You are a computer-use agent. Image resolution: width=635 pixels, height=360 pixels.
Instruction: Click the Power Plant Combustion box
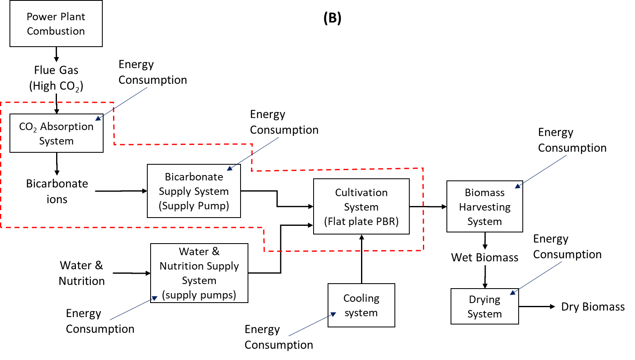pos(56,24)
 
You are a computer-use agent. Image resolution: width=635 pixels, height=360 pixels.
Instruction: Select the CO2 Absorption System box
pos(56,133)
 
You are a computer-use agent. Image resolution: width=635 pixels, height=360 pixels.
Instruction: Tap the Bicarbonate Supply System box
pos(194,191)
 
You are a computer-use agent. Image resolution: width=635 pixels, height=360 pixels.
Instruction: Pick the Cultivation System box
pos(361,206)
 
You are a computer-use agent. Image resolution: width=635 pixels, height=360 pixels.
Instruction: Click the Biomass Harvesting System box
pos(484,206)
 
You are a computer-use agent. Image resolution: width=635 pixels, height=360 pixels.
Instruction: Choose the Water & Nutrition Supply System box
pos(199,273)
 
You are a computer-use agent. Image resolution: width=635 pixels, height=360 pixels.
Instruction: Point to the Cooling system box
pos(361,305)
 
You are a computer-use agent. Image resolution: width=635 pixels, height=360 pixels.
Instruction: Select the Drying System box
pos(484,306)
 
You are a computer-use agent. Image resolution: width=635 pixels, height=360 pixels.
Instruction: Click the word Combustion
pos(56,31)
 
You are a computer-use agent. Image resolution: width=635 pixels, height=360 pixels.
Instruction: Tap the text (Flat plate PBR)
pos(361,221)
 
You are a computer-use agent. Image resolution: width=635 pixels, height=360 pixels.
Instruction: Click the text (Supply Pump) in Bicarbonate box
pos(194,206)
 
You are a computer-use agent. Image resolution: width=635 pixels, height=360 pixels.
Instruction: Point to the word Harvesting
pos(484,207)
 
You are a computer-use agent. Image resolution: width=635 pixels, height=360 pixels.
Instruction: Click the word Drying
pos(484,299)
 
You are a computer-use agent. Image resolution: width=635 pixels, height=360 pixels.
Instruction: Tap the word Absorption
pos(67,126)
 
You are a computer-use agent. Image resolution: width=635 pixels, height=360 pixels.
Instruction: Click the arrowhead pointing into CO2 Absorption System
pos(98,118)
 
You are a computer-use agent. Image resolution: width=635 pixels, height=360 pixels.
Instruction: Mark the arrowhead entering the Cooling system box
pos(333,315)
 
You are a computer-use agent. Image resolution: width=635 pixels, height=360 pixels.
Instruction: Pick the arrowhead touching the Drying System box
pos(513,293)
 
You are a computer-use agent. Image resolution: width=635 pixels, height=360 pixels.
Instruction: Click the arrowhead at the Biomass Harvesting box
pos(518,186)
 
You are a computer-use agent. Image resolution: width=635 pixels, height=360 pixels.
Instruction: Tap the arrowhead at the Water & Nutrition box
pos(155,298)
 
